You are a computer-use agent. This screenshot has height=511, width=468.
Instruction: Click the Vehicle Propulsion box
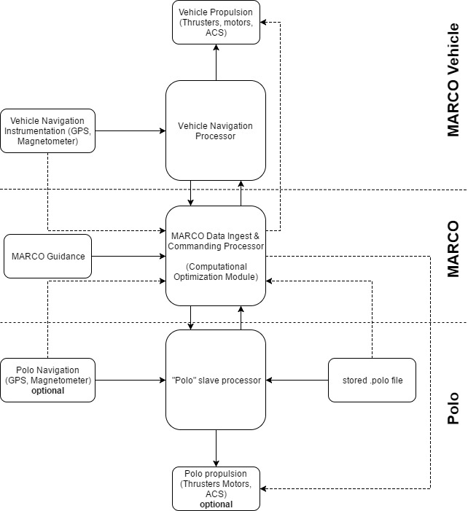point(216,22)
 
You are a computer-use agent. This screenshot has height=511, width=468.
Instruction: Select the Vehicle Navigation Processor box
point(216,130)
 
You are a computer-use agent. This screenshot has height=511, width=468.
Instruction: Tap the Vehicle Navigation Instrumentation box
point(48,130)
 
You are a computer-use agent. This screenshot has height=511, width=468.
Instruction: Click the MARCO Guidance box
point(48,256)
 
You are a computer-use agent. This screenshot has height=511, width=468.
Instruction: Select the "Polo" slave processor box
point(216,380)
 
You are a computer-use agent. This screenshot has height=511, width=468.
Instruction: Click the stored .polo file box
point(372,380)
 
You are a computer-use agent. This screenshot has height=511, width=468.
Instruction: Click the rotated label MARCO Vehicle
point(453,80)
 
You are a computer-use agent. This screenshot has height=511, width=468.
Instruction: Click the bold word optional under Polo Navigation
point(48,391)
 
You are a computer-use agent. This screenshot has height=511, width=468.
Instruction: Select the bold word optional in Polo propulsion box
point(216,504)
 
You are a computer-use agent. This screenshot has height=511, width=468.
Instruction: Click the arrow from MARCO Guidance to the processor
point(129,256)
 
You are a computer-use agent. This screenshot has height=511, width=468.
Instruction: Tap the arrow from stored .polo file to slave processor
point(297,380)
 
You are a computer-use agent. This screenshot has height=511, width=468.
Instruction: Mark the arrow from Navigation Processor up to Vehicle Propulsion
point(216,62)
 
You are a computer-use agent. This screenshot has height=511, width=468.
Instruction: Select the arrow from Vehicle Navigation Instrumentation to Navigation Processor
point(130,130)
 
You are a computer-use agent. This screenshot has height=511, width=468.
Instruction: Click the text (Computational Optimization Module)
point(216,271)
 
